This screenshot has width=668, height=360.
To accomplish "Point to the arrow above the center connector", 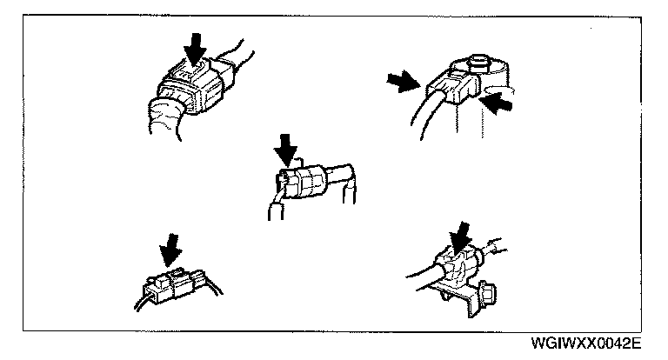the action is tap(284, 147).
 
